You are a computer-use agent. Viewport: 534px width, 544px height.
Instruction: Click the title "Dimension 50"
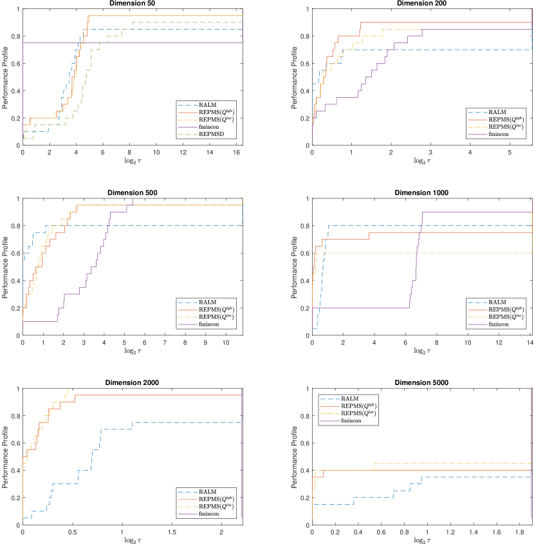tap(132, 3)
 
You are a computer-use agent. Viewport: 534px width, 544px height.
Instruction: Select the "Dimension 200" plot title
tap(422, 3)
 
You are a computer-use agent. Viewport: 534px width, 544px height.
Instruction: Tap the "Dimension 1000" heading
tap(422, 192)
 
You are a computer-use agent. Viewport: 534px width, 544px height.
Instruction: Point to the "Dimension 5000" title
tap(422, 383)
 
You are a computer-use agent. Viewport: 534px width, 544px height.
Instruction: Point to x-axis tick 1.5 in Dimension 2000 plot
tap(172, 532)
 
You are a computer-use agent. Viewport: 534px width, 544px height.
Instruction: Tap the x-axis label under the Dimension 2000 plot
tap(132, 539)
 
